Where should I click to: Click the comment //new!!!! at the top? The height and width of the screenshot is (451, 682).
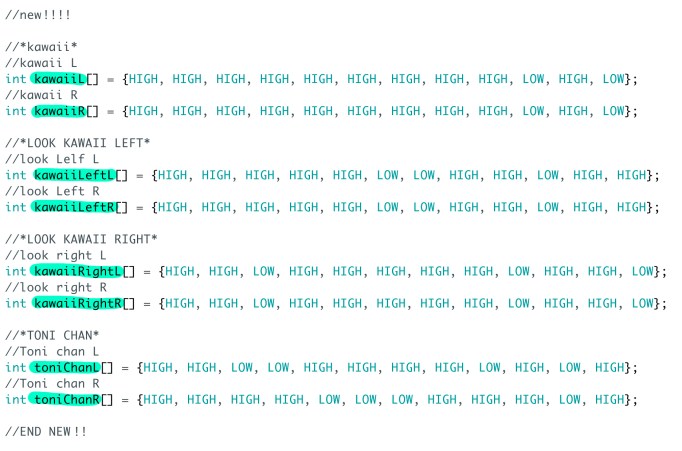click(38, 15)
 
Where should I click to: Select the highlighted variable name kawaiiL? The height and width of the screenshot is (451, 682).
click(58, 79)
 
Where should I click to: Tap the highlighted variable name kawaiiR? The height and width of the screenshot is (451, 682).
click(58, 111)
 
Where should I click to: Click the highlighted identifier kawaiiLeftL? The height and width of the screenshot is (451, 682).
click(73, 175)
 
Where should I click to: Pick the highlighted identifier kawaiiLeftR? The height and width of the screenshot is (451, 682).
click(73, 207)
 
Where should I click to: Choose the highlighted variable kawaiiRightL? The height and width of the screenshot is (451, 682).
click(77, 271)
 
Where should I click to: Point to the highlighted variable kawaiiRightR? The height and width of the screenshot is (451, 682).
click(77, 303)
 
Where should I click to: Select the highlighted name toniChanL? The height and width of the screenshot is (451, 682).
click(66, 367)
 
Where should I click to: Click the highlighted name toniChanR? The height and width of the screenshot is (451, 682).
click(66, 399)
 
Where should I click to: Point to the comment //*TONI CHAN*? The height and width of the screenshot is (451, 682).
click(52, 335)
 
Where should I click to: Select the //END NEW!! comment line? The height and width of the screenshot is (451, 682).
click(46, 431)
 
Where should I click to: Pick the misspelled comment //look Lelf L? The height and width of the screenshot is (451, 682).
click(52, 159)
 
